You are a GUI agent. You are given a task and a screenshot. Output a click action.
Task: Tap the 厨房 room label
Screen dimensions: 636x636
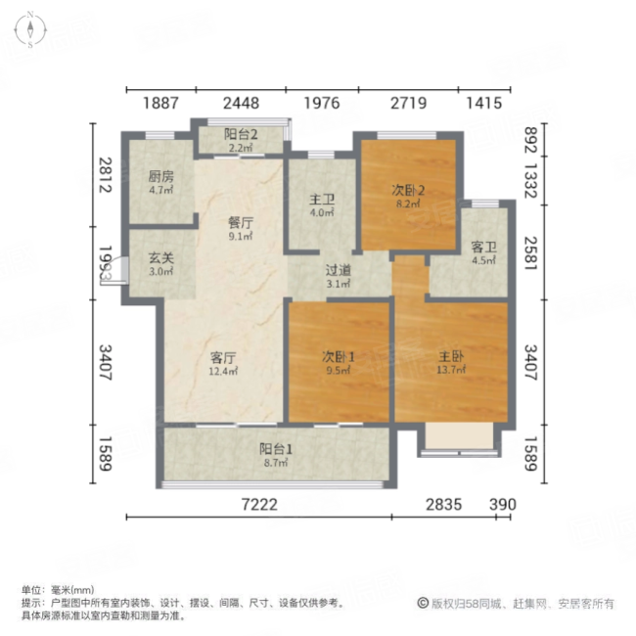160,177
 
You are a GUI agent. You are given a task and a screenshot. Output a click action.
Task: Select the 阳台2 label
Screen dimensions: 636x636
240,135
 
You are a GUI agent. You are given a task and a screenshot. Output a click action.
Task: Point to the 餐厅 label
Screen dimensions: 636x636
240,221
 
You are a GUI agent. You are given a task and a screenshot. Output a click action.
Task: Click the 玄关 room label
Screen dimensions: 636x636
160,257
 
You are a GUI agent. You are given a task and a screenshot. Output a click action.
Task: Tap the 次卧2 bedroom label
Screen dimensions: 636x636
408,192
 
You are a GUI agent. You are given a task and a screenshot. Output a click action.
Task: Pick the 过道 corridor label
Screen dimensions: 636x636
339,270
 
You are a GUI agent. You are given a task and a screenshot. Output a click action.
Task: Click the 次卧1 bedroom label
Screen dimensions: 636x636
339,357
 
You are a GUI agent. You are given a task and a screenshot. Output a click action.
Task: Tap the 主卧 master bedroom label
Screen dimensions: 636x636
450,357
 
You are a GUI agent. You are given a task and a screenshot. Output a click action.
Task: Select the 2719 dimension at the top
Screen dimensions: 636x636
408,103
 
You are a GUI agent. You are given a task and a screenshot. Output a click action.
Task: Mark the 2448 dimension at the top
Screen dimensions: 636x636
240,103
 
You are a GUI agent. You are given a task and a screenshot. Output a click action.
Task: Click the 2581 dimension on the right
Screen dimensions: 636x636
530,252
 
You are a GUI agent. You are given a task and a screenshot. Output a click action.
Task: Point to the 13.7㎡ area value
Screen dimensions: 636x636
450,371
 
